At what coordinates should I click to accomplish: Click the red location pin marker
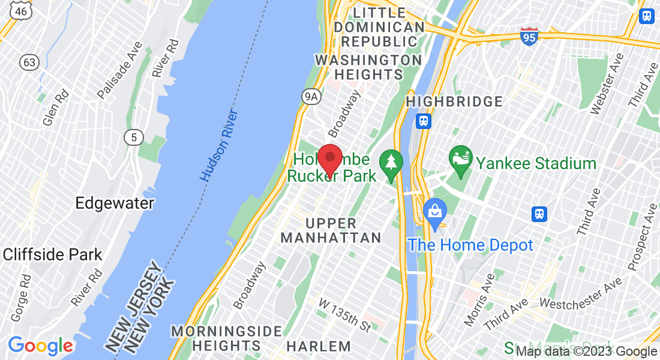coord(329,158)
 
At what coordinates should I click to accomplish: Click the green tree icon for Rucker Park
coord(391,164)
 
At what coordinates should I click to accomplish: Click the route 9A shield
coord(310,96)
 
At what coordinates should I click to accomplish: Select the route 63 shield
coord(28,61)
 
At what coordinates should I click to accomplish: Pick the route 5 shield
coord(134,137)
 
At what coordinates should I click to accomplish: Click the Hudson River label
coord(220,146)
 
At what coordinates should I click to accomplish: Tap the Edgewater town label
coord(115,203)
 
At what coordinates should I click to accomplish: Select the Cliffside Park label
coord(53,254)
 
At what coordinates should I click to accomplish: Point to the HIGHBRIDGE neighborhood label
coord(454,101)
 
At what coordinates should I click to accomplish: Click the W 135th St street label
coord(345,314)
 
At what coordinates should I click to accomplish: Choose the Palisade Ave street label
coord(120,70)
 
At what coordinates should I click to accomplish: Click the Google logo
coord(40,346)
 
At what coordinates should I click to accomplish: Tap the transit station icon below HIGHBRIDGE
coord(424,121)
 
